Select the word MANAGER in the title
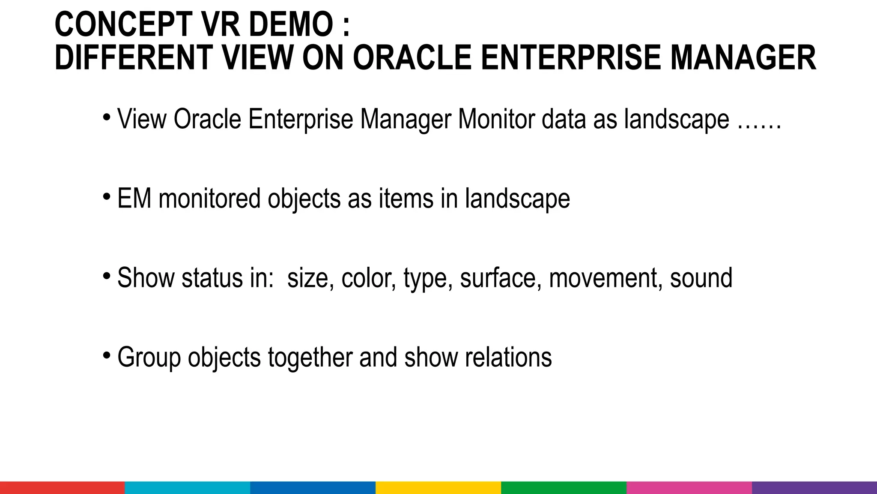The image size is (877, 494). [x=743, y=58]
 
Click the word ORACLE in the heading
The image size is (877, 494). [x=412, y=58]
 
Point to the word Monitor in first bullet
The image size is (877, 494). [x=496, y=119]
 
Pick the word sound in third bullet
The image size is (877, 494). [x=701, y=278]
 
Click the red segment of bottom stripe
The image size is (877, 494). [x=63, y=488]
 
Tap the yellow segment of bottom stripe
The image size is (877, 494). [x=438, y=488]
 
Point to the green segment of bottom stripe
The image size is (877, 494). [x=564, y=488]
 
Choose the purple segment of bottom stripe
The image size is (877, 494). [x=814, y=488]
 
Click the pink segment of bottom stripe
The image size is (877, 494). [x=689, y=488]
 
